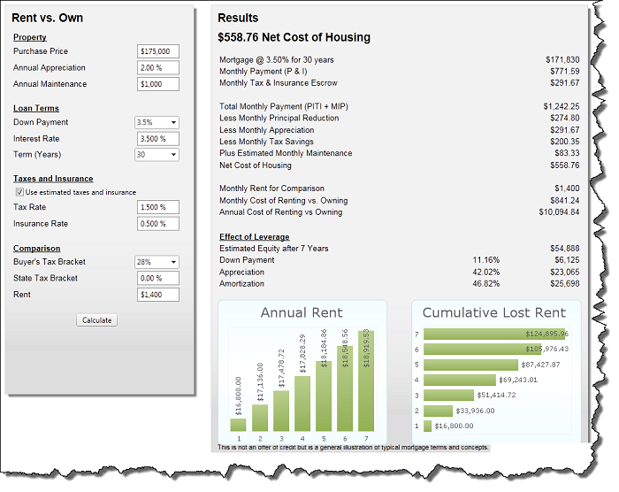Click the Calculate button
[x=96, y=320]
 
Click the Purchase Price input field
[x=158, y=51]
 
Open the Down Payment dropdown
[x=157, y=122]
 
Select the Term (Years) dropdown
[x=157, y=155]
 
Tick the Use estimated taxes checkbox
[x=19, y=192]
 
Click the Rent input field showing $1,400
[x=158, y=295]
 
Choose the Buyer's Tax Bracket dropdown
[x=157, y=262]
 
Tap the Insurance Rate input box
[x=158, y=224]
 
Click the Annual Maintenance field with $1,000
[x=158, y=84]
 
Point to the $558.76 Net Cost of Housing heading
[x=294, y=38]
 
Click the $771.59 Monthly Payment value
[x=562, y=71]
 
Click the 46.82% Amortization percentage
[x=486, y=283]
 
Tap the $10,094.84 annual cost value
[x=559, y=212]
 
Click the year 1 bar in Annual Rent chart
[x=239, y=424]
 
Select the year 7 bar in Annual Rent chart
[x=366, y=381]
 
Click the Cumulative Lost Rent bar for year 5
[x=470, y=365]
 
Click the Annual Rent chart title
[x=302, y=313]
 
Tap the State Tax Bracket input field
[x=158, y=278]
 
